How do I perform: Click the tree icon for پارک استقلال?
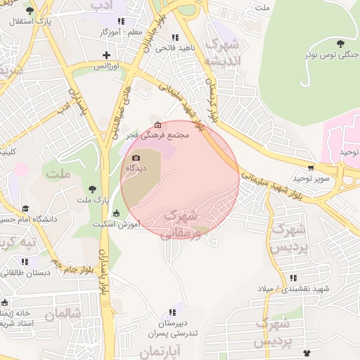click(29, 12)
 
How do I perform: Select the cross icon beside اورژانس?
click(106, 55)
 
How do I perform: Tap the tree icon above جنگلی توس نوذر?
click(340, 44)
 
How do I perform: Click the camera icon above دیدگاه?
click(136, 157)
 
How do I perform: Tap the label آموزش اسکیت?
click(117, 224)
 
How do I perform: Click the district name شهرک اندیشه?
click(223, 53)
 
